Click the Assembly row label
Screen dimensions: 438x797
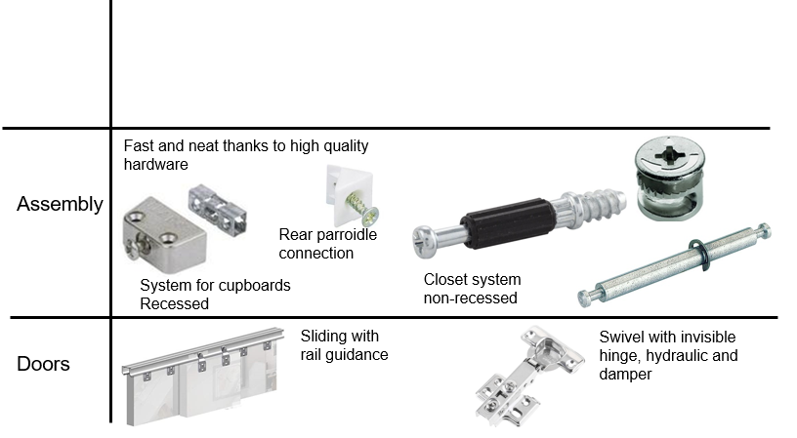pyautogui.click(x=60, y=205)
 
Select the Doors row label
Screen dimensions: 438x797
pyautogui.click(x=43, y=365)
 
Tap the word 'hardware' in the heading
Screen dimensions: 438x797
pyautogui.click(x=155, y=166)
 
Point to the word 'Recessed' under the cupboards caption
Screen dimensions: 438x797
pyautogui.click(x=174, y=303)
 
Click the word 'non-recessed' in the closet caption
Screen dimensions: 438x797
pyautogui.click(x=470, y=298)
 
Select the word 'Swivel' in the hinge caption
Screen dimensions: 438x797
pyautogui.click(x=622, y=337)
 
